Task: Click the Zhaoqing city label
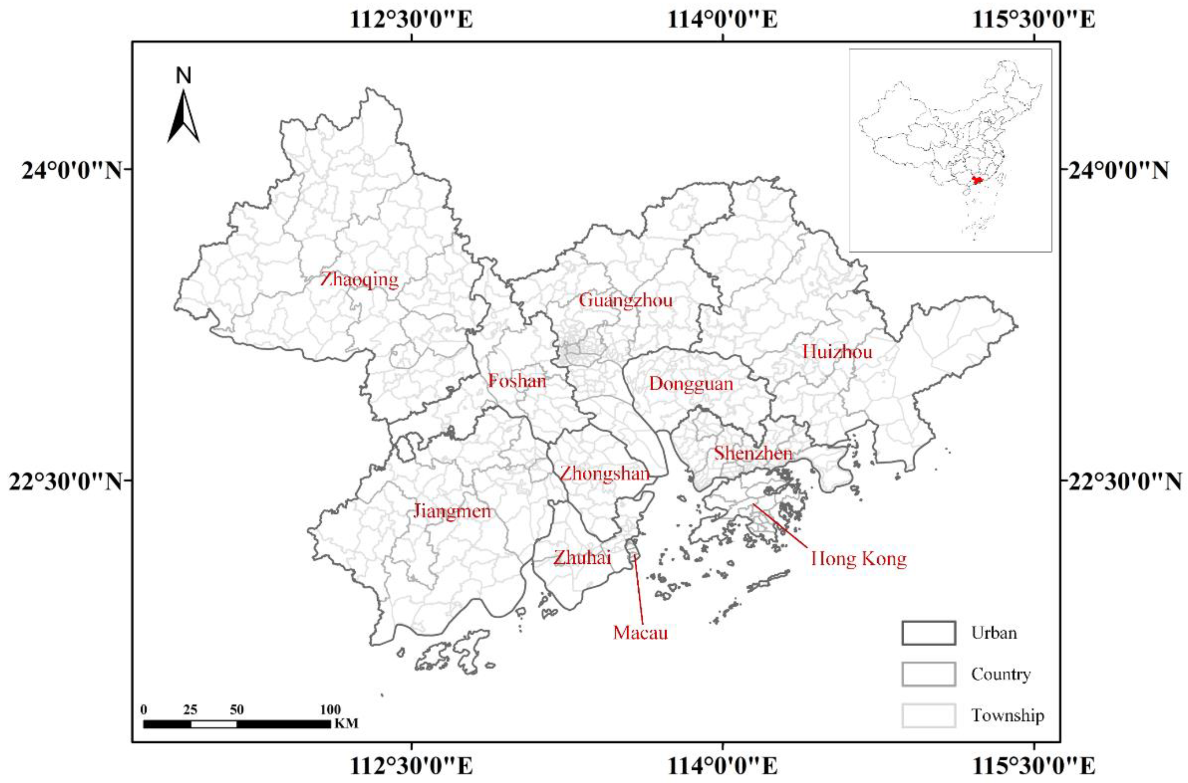(x=359, y=280)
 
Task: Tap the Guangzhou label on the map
(x=625, y=301)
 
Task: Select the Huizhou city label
(x=837, y=352)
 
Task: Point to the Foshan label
(x=517, y=381)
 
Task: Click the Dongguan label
(x=691, y=384)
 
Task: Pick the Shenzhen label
(x=753, y=453)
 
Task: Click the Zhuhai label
(x=582, y=558)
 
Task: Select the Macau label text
(x=640, y=633)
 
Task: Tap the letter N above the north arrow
(x=184, y=76)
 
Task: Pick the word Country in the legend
(x=1000, y=674)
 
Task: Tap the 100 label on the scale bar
(x=330, y=710)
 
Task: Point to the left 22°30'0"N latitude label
(x=65, y=482)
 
